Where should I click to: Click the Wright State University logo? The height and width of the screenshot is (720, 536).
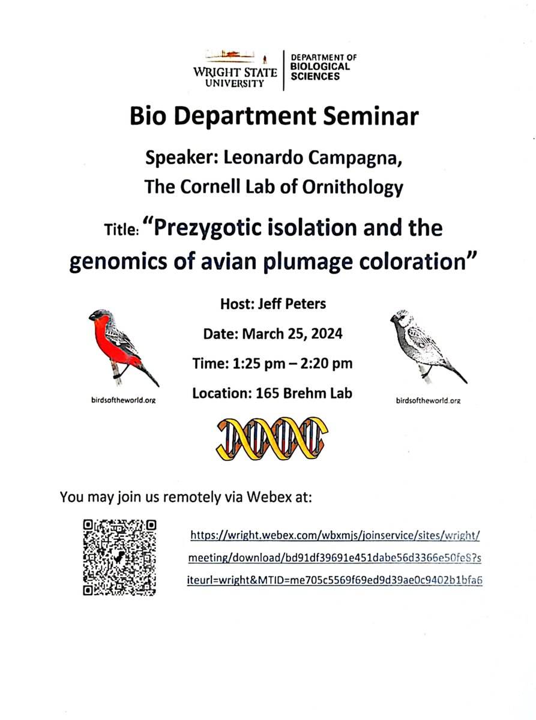tap(235, 68)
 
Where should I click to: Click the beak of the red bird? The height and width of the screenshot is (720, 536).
tap(92, 316)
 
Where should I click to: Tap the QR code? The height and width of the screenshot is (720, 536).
tap(119, 557)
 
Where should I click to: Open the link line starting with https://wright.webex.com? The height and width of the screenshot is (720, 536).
tap(335, 534)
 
